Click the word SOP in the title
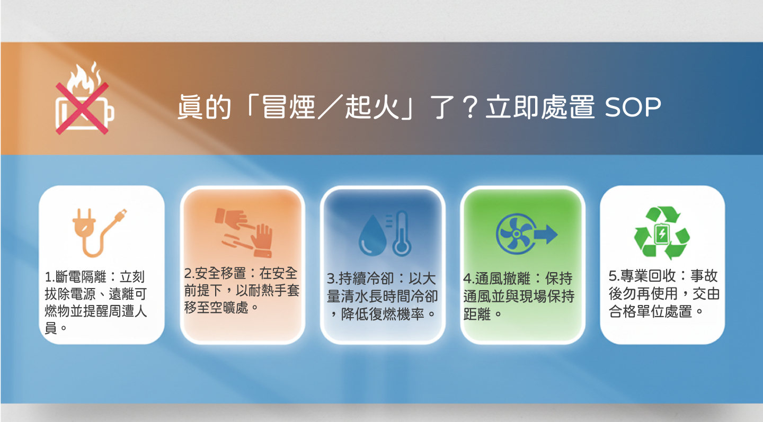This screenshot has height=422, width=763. tap(633, 107)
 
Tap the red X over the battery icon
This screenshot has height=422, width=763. tap(82, 108)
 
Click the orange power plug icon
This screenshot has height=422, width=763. tap(99, 233)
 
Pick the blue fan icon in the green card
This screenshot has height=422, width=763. tap(516, 234)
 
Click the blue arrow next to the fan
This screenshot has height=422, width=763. tap(546, 235)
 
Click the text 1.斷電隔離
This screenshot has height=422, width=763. tap(76, 277)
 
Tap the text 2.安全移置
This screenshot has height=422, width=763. tap(215, 273)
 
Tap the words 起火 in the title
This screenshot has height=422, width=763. tap(372, 107)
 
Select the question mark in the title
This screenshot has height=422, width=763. tap(470, 107)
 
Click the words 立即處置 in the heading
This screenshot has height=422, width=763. tap(540, 107)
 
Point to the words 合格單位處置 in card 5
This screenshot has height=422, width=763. tap(650, 311)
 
